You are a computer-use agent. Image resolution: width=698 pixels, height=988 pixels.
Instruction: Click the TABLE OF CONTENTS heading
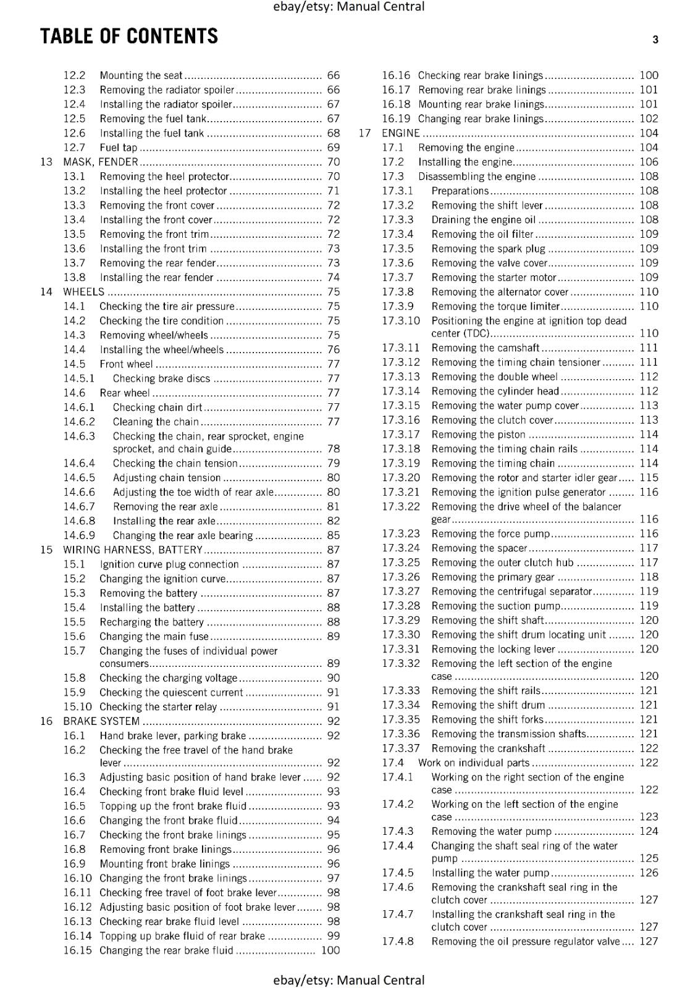pos(129,36)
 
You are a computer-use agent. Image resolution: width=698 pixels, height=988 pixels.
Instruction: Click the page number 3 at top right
pos(655,40)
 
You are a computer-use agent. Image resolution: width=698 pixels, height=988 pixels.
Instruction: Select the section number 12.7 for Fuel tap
pos(74,148)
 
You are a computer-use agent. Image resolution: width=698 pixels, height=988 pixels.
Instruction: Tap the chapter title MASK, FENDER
pos(101,162)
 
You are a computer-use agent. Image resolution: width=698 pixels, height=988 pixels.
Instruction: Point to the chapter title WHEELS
pos(84,292)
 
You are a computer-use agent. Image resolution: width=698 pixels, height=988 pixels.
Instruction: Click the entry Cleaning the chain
pos(156,422)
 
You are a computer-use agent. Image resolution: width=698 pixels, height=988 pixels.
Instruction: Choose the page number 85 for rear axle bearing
pos(334,535)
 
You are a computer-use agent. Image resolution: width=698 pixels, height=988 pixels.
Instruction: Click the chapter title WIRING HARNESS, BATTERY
pos(133,550)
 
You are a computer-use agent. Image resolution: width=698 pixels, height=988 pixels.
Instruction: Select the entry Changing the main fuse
pos(154,637)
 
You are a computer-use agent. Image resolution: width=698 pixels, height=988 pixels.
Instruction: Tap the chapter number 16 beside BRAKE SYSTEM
pos(46,721)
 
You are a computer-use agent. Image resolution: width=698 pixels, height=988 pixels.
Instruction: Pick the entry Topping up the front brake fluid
pos(173,806)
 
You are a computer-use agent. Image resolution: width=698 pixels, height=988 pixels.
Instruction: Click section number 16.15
pos(77,950)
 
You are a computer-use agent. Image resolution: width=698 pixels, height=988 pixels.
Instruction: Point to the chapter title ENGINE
pos(401,133)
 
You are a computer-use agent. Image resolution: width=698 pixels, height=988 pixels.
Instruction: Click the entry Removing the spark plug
pos(489,249)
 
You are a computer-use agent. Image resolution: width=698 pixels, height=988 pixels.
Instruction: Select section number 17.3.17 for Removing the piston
pos(401,435)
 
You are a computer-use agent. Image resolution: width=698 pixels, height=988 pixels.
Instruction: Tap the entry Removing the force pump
pos(491,534)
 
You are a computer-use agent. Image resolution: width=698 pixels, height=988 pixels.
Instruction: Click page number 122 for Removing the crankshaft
pos(649,748)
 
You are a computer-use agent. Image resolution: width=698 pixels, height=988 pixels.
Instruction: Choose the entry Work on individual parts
pos(474,763)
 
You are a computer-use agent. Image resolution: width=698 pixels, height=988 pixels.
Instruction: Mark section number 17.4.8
pos(398,942)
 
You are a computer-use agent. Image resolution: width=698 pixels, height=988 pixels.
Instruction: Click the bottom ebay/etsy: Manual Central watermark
pos(349,980)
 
